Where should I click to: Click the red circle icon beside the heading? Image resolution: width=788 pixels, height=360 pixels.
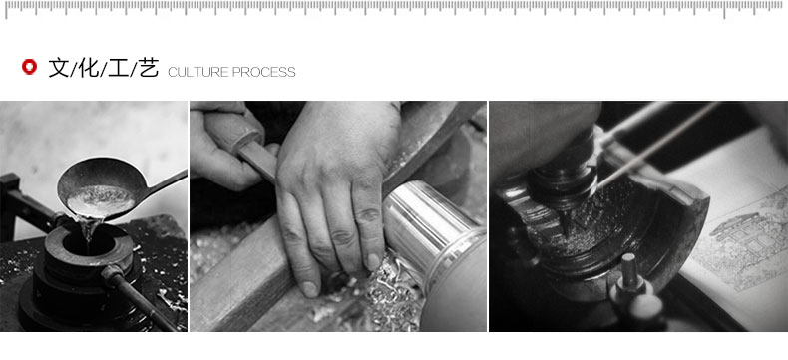[x=29, y=67]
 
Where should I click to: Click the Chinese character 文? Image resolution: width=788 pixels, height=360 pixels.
[x=58, y=67]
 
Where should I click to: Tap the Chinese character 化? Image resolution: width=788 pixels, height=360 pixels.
[x=89, y=67]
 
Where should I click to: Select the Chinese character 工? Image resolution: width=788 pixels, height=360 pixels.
[x=118, y=67]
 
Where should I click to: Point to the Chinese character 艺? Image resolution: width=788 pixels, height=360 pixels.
[x=149, y=67]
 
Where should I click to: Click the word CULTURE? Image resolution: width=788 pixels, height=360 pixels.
[x=198, y=73]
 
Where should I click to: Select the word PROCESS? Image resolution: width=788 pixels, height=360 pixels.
[x=264, y=73]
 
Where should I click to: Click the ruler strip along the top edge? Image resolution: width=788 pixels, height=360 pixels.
[x=394, y=9]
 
